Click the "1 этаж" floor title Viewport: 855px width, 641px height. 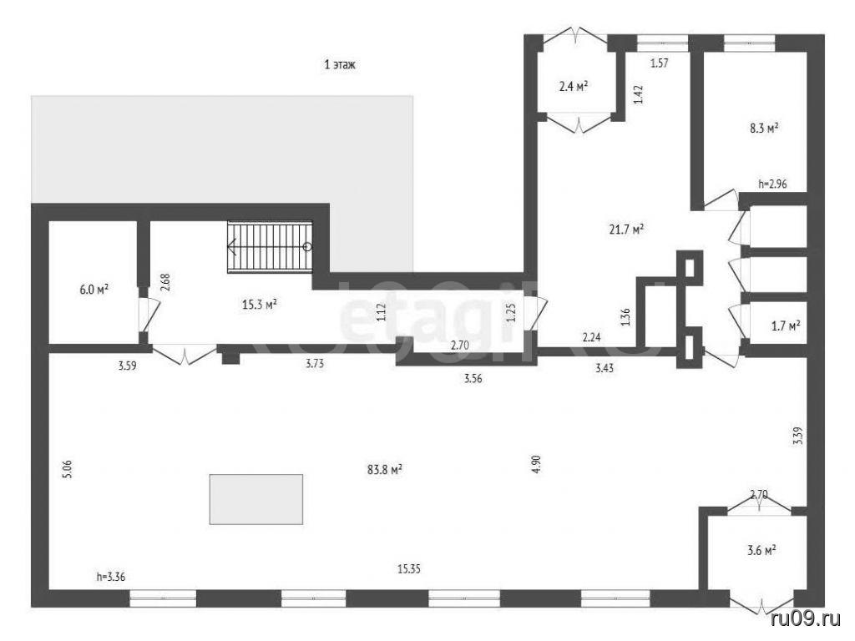[x=340, y=65]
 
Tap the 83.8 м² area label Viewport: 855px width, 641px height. [x=384, y=469]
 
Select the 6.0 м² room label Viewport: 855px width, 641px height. [x=94, y=290]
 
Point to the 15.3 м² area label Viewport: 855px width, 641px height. [x=259, y=304]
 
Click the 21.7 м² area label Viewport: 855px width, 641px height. [x=626, y=230]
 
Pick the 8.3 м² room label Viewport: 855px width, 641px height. [x=763, y=129]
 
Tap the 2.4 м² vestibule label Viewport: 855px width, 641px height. [x=573, y=86]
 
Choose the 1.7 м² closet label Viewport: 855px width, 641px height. [x=786, y=326]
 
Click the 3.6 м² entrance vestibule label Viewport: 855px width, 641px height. [x=761, y=551]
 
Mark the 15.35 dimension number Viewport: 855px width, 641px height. [x=409, y=569]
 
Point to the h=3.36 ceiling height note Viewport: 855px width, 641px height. [x=111, y=577]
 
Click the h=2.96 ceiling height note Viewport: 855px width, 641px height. [x=772, y=184]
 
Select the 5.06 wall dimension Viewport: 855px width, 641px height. [x=68, y=469]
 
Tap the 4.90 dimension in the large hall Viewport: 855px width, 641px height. [x=537, y=463]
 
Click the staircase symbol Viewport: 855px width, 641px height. [x=270, y=246]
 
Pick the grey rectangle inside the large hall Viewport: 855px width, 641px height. [x=256, y=499]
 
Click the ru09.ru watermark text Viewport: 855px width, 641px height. [x=808, y=618]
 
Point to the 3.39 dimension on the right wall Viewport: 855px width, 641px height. [x=797, y=436]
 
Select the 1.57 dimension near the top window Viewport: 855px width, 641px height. [x=660, y=63]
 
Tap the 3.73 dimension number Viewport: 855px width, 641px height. [x=315, y=364]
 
